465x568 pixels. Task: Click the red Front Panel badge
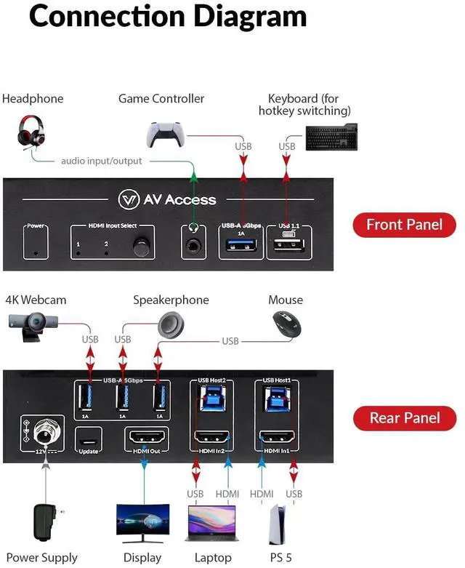tap(404, 225)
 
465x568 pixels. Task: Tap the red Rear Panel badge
tap(405, 417)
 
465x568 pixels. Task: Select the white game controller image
tap(165, 134)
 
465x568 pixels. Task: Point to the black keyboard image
tap(331, 137)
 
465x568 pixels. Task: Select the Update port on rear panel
tap(89, 439)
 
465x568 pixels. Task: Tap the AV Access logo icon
tap(129, 200)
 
